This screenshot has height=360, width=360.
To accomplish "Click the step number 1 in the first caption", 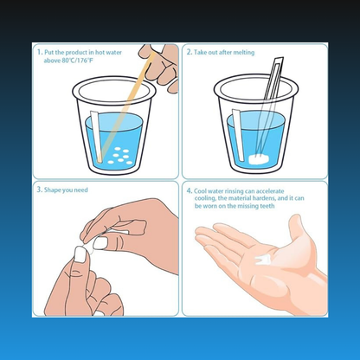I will tap(40, 51).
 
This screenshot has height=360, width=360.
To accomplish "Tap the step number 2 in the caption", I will tap(189, 52).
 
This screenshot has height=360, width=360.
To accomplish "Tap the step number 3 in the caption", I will tap(40, 190).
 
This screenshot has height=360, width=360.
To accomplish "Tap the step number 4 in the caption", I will tap(189, 190).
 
